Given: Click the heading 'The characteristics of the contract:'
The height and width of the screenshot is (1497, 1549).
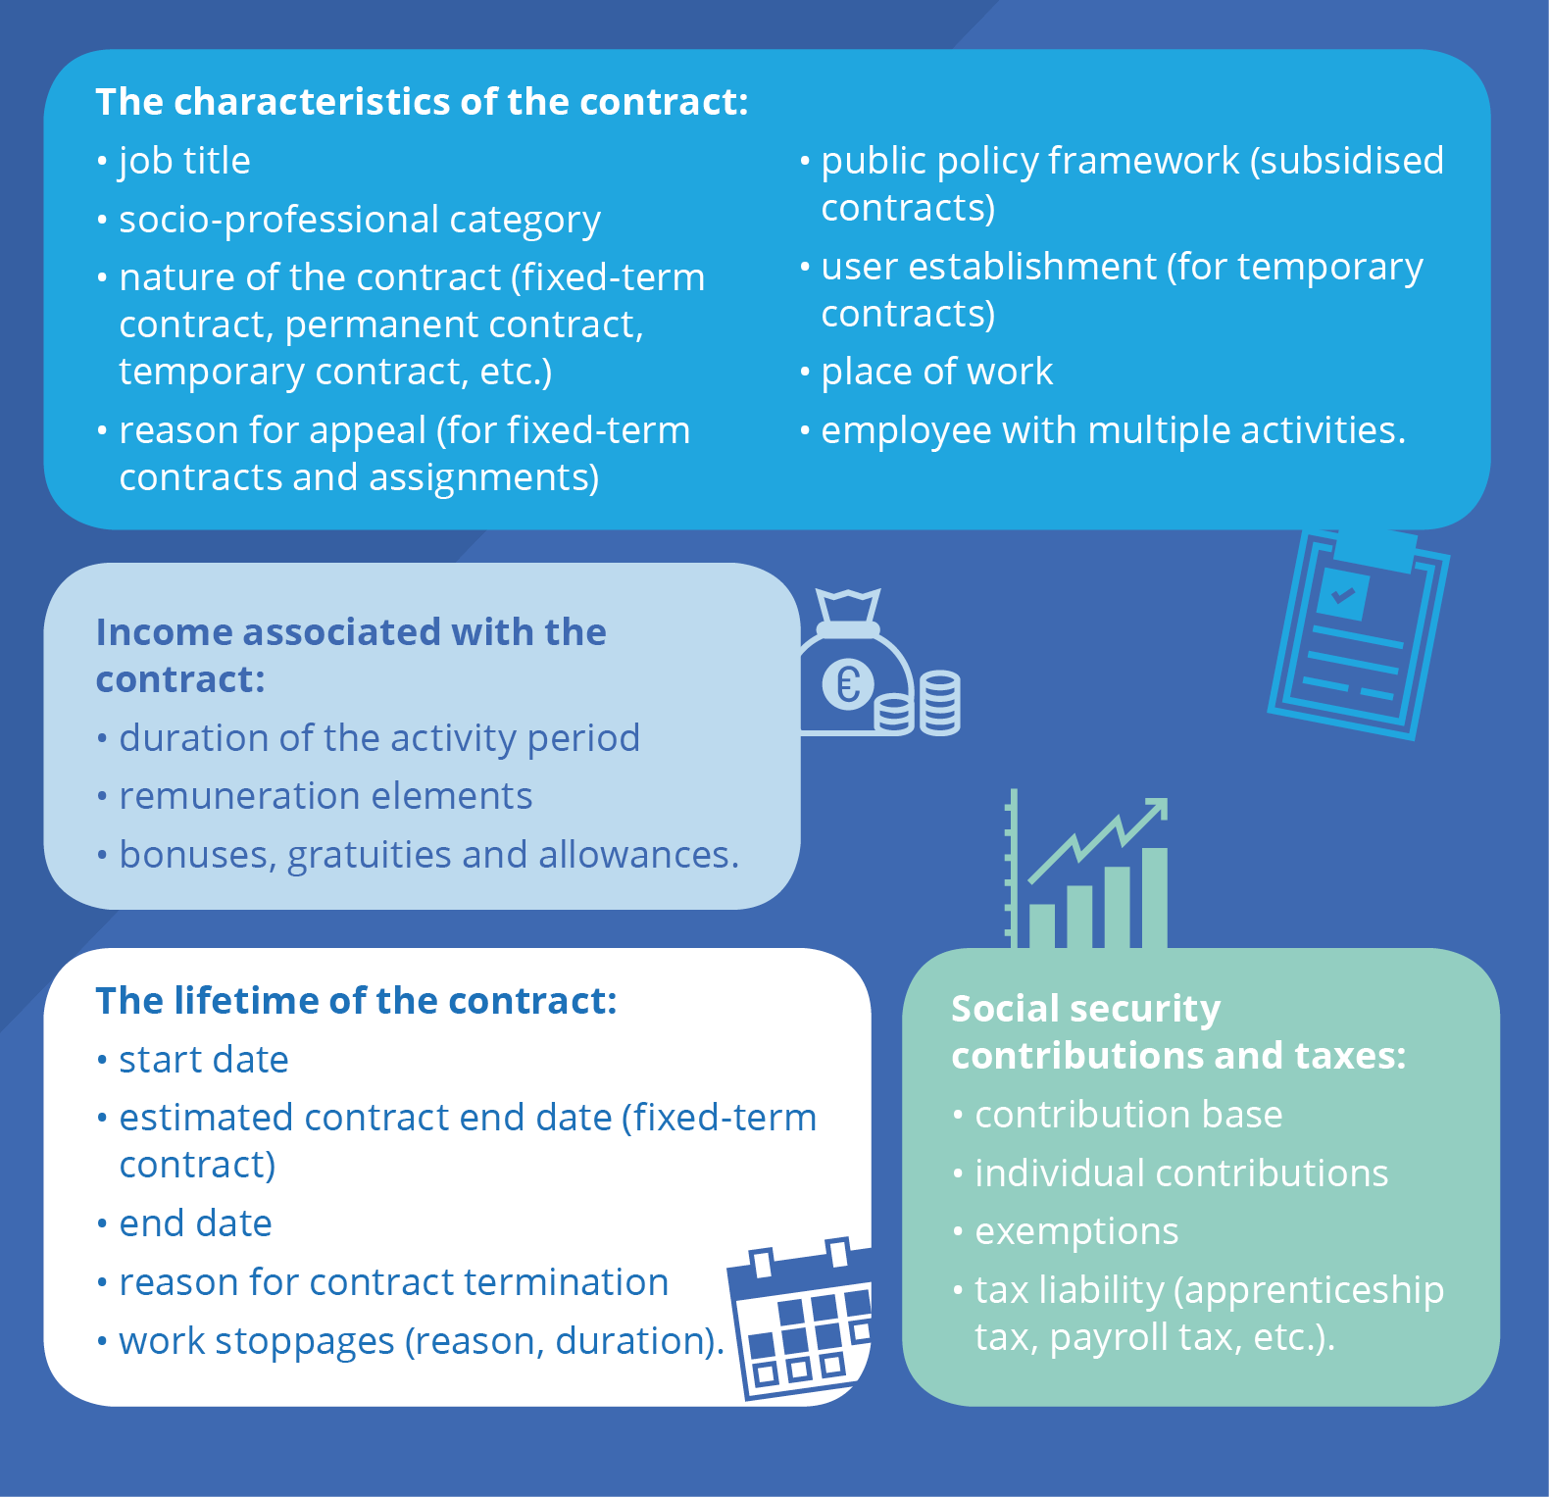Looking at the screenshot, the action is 422,102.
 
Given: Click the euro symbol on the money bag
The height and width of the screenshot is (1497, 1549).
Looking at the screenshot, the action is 848,683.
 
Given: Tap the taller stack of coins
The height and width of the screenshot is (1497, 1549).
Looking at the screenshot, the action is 939,703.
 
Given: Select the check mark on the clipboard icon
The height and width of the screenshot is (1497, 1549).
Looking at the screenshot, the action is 1342,594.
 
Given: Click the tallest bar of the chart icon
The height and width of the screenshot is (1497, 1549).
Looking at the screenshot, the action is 1155,897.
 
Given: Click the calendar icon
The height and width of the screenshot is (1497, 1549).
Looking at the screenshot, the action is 799,1319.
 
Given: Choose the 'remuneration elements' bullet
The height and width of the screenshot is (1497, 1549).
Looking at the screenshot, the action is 325,796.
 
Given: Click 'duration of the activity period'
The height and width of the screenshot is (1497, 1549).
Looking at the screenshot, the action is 379,738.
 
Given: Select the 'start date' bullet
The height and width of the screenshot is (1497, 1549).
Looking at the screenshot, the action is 204,1060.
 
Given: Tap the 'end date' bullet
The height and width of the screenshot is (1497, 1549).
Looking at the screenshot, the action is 195,1223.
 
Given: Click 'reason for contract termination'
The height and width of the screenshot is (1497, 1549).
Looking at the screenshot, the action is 393,1282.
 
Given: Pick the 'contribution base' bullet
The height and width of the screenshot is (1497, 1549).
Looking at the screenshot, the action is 1128,1115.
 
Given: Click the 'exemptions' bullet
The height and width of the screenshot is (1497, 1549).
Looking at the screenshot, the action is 1076,1232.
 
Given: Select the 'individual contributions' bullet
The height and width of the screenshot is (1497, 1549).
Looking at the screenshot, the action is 1181,1173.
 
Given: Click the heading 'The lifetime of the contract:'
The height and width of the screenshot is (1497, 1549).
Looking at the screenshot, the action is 356,1001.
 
